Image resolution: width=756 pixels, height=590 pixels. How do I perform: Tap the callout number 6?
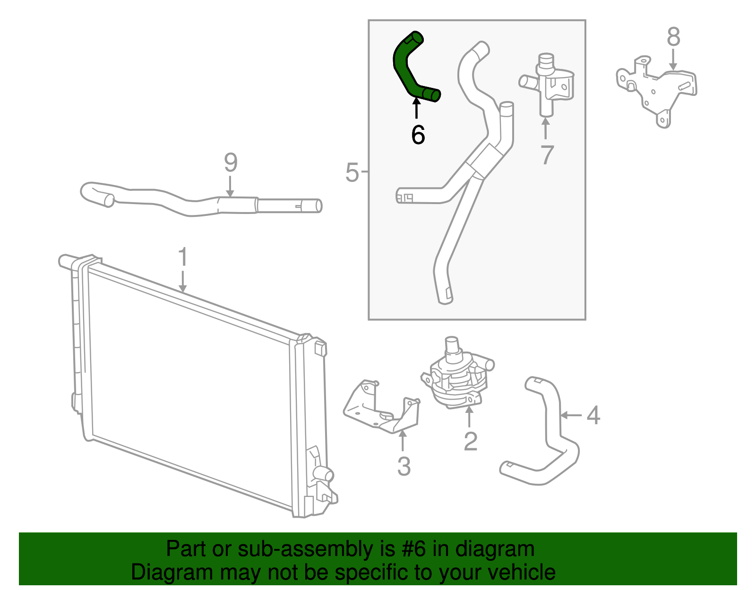pos(418,135)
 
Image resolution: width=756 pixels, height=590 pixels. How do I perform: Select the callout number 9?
pos(231,162)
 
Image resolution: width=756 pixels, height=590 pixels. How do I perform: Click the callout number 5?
pos(352,172)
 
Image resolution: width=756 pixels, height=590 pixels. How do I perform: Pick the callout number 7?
pos(547,155)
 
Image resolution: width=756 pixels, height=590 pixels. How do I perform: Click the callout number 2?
pos(470,441)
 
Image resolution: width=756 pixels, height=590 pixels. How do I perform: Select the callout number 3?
pos(404,467)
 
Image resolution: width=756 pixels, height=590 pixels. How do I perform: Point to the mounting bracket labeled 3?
pos(382,407)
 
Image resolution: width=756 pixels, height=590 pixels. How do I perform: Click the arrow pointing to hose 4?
pos(571,415)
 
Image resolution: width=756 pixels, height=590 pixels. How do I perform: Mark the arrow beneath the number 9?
pos(230,187)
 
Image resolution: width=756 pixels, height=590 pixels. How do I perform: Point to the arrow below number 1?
pos(183,281)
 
